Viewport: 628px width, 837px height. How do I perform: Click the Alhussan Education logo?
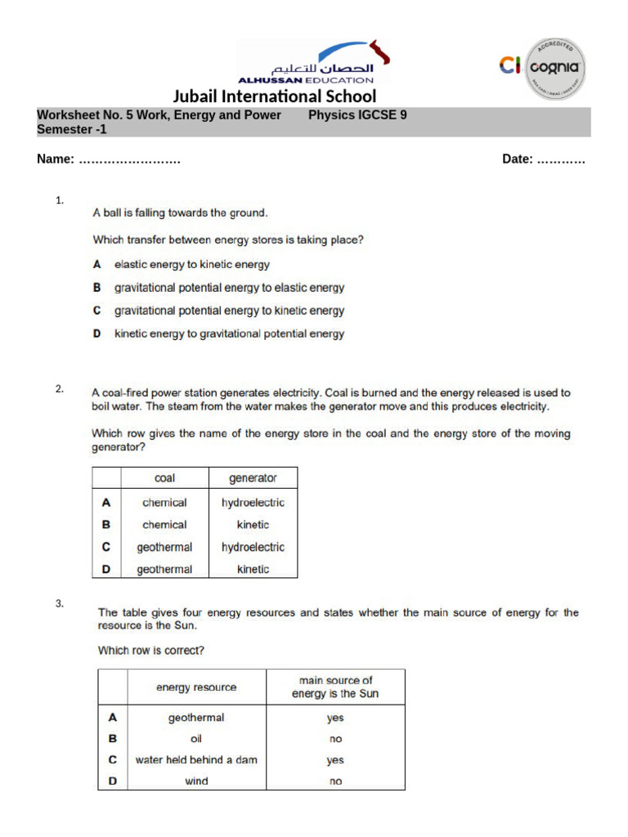point(313,62)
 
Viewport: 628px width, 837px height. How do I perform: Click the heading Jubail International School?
point(275,96)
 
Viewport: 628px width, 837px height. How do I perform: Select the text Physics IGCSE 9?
point(357,115)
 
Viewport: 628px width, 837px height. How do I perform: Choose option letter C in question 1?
point(96,311)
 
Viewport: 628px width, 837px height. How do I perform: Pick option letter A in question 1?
point(96,265)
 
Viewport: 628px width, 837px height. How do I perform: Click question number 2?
point(60,389)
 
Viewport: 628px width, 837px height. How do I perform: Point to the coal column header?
point(164,478)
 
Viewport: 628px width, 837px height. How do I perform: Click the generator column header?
point(253,478)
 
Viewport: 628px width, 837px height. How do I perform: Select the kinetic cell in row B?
point(253,525)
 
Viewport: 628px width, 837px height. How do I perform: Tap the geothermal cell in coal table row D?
point(164,570)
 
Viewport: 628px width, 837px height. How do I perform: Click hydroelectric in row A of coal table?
point(253,503)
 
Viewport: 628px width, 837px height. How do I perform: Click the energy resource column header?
point(196,687)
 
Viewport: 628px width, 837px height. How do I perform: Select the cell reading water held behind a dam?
point(196,759)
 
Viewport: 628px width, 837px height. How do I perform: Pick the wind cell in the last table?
point(196,781)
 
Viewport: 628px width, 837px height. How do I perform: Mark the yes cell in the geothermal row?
point(335,718)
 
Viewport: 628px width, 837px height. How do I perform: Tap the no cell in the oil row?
point(335,739)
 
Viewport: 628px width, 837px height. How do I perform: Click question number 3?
point(60,604)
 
